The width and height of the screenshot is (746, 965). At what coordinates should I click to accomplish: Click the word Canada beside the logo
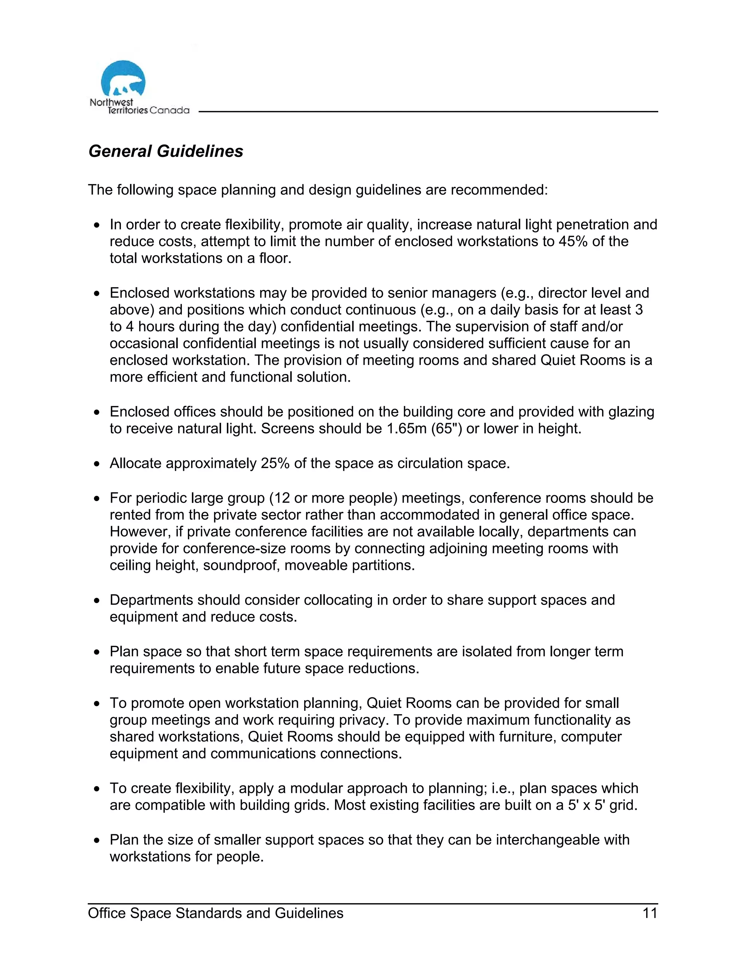[x=169, y=110]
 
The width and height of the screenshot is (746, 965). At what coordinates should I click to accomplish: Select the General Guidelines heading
[x=166, y=151]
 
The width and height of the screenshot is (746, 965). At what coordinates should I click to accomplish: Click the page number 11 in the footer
[x=650, y=913]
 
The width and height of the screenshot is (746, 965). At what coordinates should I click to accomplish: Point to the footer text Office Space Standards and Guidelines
[x=215, y=913]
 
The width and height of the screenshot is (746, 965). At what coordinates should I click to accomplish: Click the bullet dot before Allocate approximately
[x=97, y=464]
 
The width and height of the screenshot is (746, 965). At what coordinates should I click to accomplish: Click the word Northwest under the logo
[x=111, y=102]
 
